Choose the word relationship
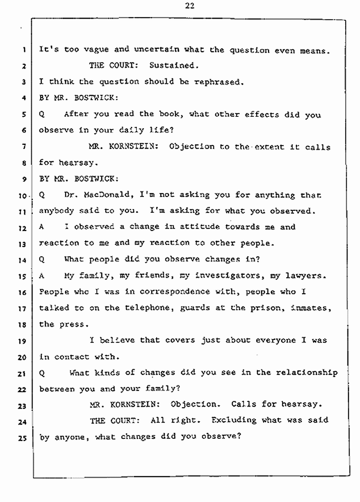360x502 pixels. (x=310, y=373)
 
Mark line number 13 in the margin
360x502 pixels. (x=24, y=244)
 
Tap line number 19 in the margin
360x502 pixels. (x=24, y=341)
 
